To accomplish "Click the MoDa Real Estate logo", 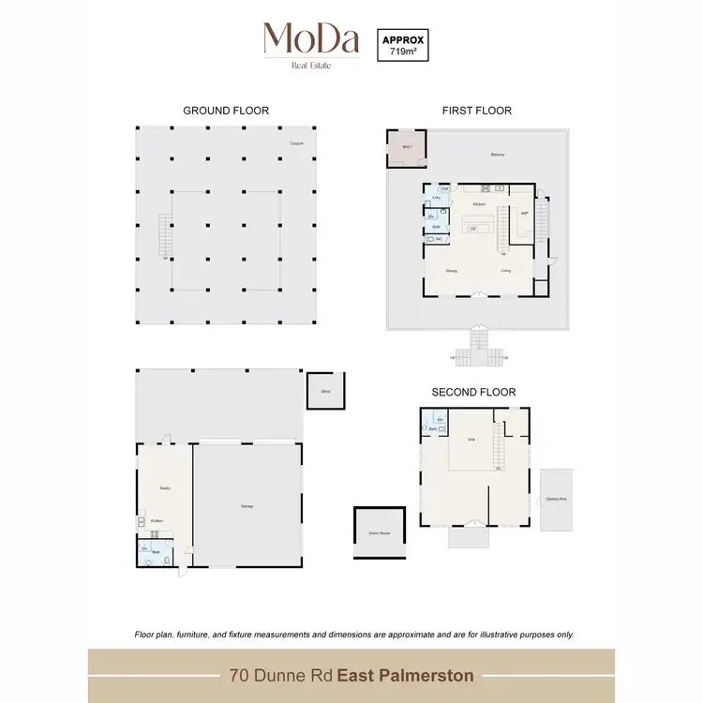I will click(311, 44).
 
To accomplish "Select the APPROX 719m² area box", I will click(401, 45).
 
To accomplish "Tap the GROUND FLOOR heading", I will click(226, 111).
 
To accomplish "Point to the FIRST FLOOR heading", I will click(476, 111).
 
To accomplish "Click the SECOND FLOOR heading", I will click(473, 392).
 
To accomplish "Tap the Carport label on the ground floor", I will click(296, 143).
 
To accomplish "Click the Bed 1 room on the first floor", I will click(407, 148).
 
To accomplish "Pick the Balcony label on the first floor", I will click(498, 155).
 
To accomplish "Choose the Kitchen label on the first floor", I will click(479, 203).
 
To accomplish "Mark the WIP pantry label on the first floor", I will click(524, 213).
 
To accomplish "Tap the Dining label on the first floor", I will click(451, 271).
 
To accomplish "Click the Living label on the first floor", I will click(505, 271).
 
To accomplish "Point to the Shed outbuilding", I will click(325, 391).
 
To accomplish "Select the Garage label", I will click(247, 506).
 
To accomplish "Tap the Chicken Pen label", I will click(556, 499).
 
